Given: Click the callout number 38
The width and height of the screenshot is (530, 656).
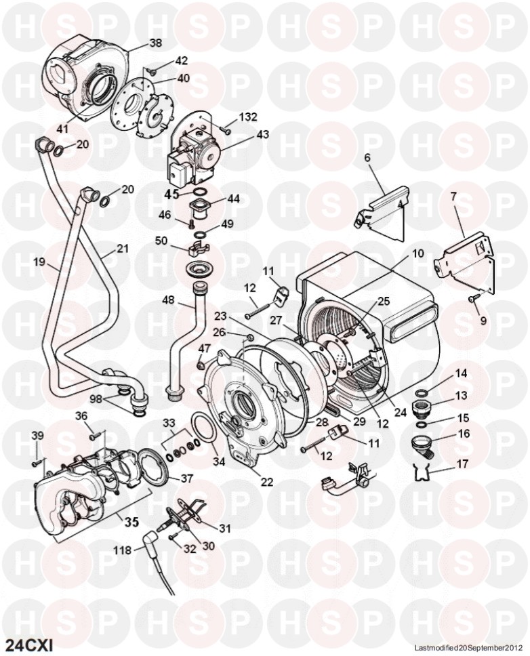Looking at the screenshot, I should pos(156,43).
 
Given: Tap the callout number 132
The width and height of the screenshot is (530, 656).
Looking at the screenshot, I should pos(248,117).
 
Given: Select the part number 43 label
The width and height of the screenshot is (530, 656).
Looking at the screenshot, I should pos(263,134).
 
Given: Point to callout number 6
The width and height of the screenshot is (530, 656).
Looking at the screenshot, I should pos(368,158).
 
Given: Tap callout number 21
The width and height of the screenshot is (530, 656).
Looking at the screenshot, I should pos(122,249).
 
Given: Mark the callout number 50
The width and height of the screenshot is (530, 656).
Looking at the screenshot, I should pos(161,241).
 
